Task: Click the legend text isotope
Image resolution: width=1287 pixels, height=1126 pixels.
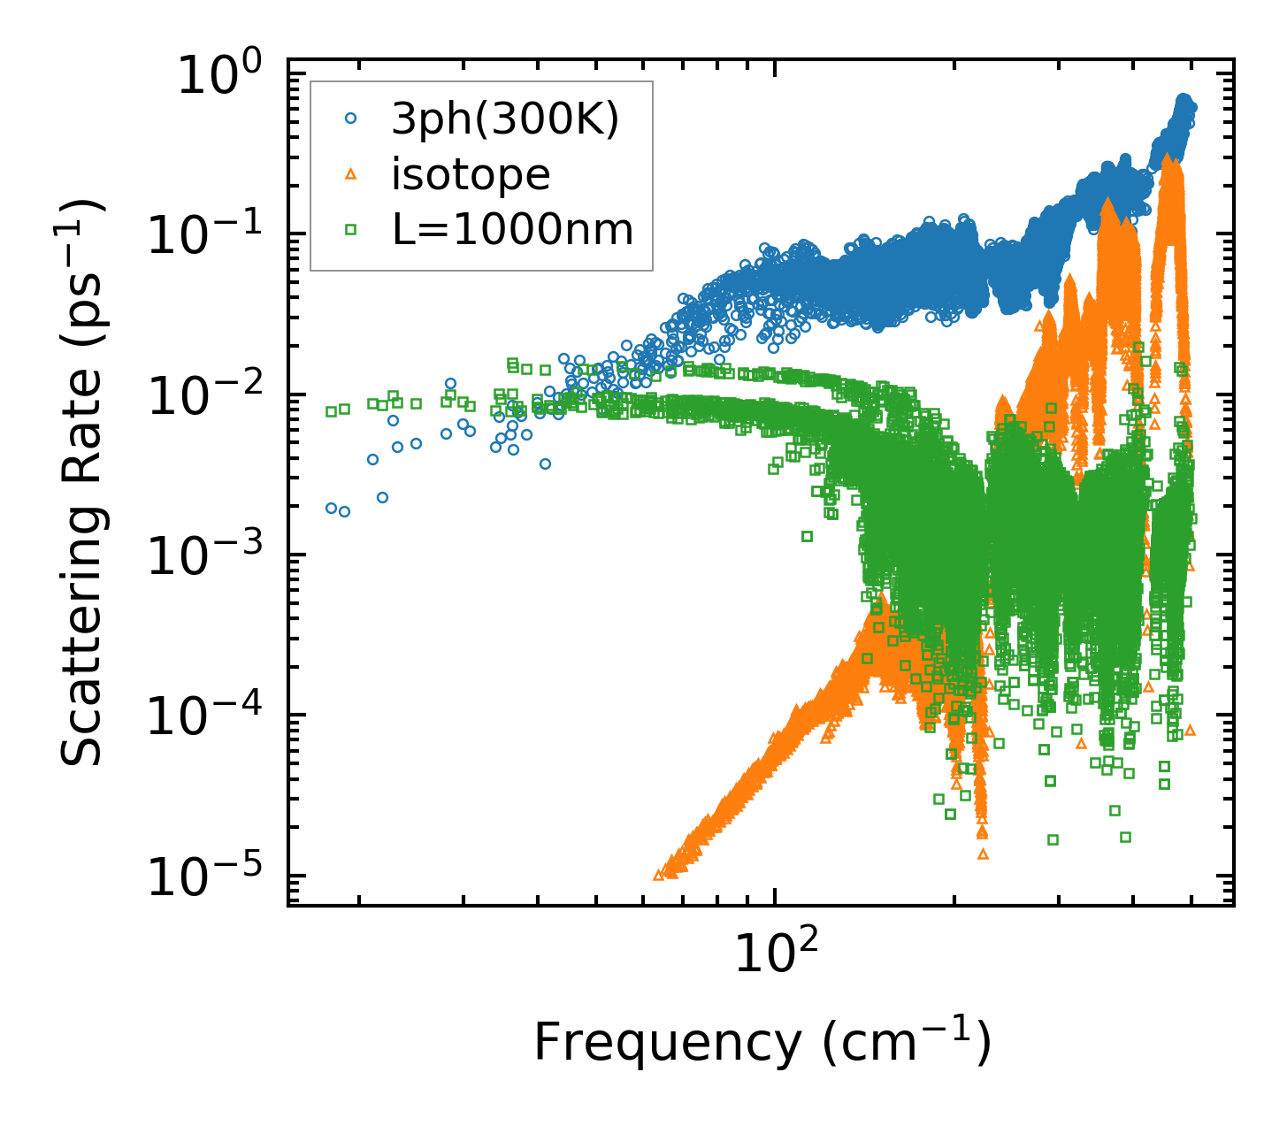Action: (x=471, y=175)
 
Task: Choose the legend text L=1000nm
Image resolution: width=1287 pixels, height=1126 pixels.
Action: (x=512, y=230)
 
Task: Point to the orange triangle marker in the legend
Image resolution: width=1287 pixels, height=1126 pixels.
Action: (x=351, y=175)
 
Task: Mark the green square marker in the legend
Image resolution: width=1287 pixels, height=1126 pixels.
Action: (x=351, y=230)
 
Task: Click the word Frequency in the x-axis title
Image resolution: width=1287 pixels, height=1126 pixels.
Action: (x=665, y=1043)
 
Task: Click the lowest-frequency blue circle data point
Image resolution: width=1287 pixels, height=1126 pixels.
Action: (x=331, y=508)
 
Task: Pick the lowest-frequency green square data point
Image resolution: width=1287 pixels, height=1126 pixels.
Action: (x=331, y=411)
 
